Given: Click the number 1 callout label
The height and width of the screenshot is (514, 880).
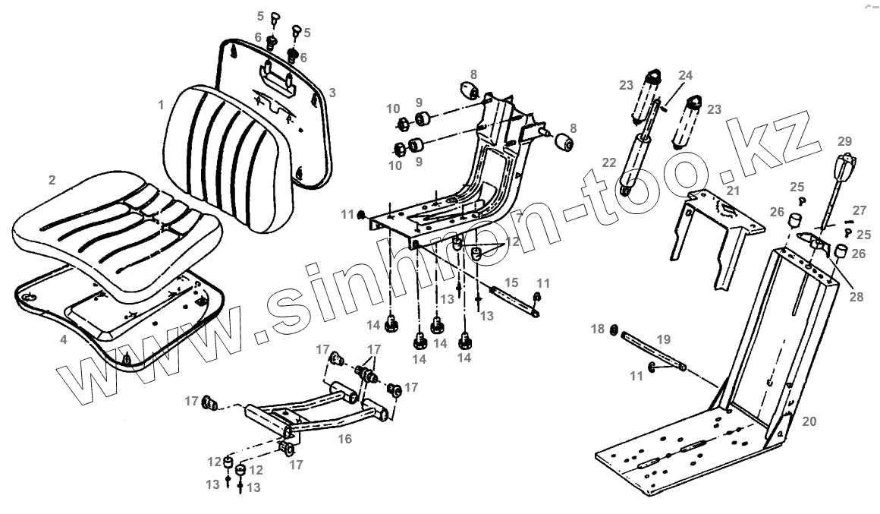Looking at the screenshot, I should point(161,104).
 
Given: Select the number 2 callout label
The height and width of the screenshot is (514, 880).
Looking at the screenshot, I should point(52,180).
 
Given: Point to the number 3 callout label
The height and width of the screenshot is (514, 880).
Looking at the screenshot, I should point(332,93).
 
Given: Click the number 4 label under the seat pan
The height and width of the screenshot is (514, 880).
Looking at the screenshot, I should point(64,340).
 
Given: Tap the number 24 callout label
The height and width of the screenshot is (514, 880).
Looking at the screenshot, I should point(685,75).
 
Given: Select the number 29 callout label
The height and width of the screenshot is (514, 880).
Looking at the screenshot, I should point(844,141).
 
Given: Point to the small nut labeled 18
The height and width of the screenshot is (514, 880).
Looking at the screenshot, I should point(613,330).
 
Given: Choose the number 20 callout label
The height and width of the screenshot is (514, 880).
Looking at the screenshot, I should point(809,421).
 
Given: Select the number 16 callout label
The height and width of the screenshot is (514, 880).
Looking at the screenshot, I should point(344,438).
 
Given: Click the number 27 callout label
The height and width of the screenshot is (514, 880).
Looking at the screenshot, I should point(859,210).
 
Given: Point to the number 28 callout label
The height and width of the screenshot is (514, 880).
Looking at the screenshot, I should point(856,298).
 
